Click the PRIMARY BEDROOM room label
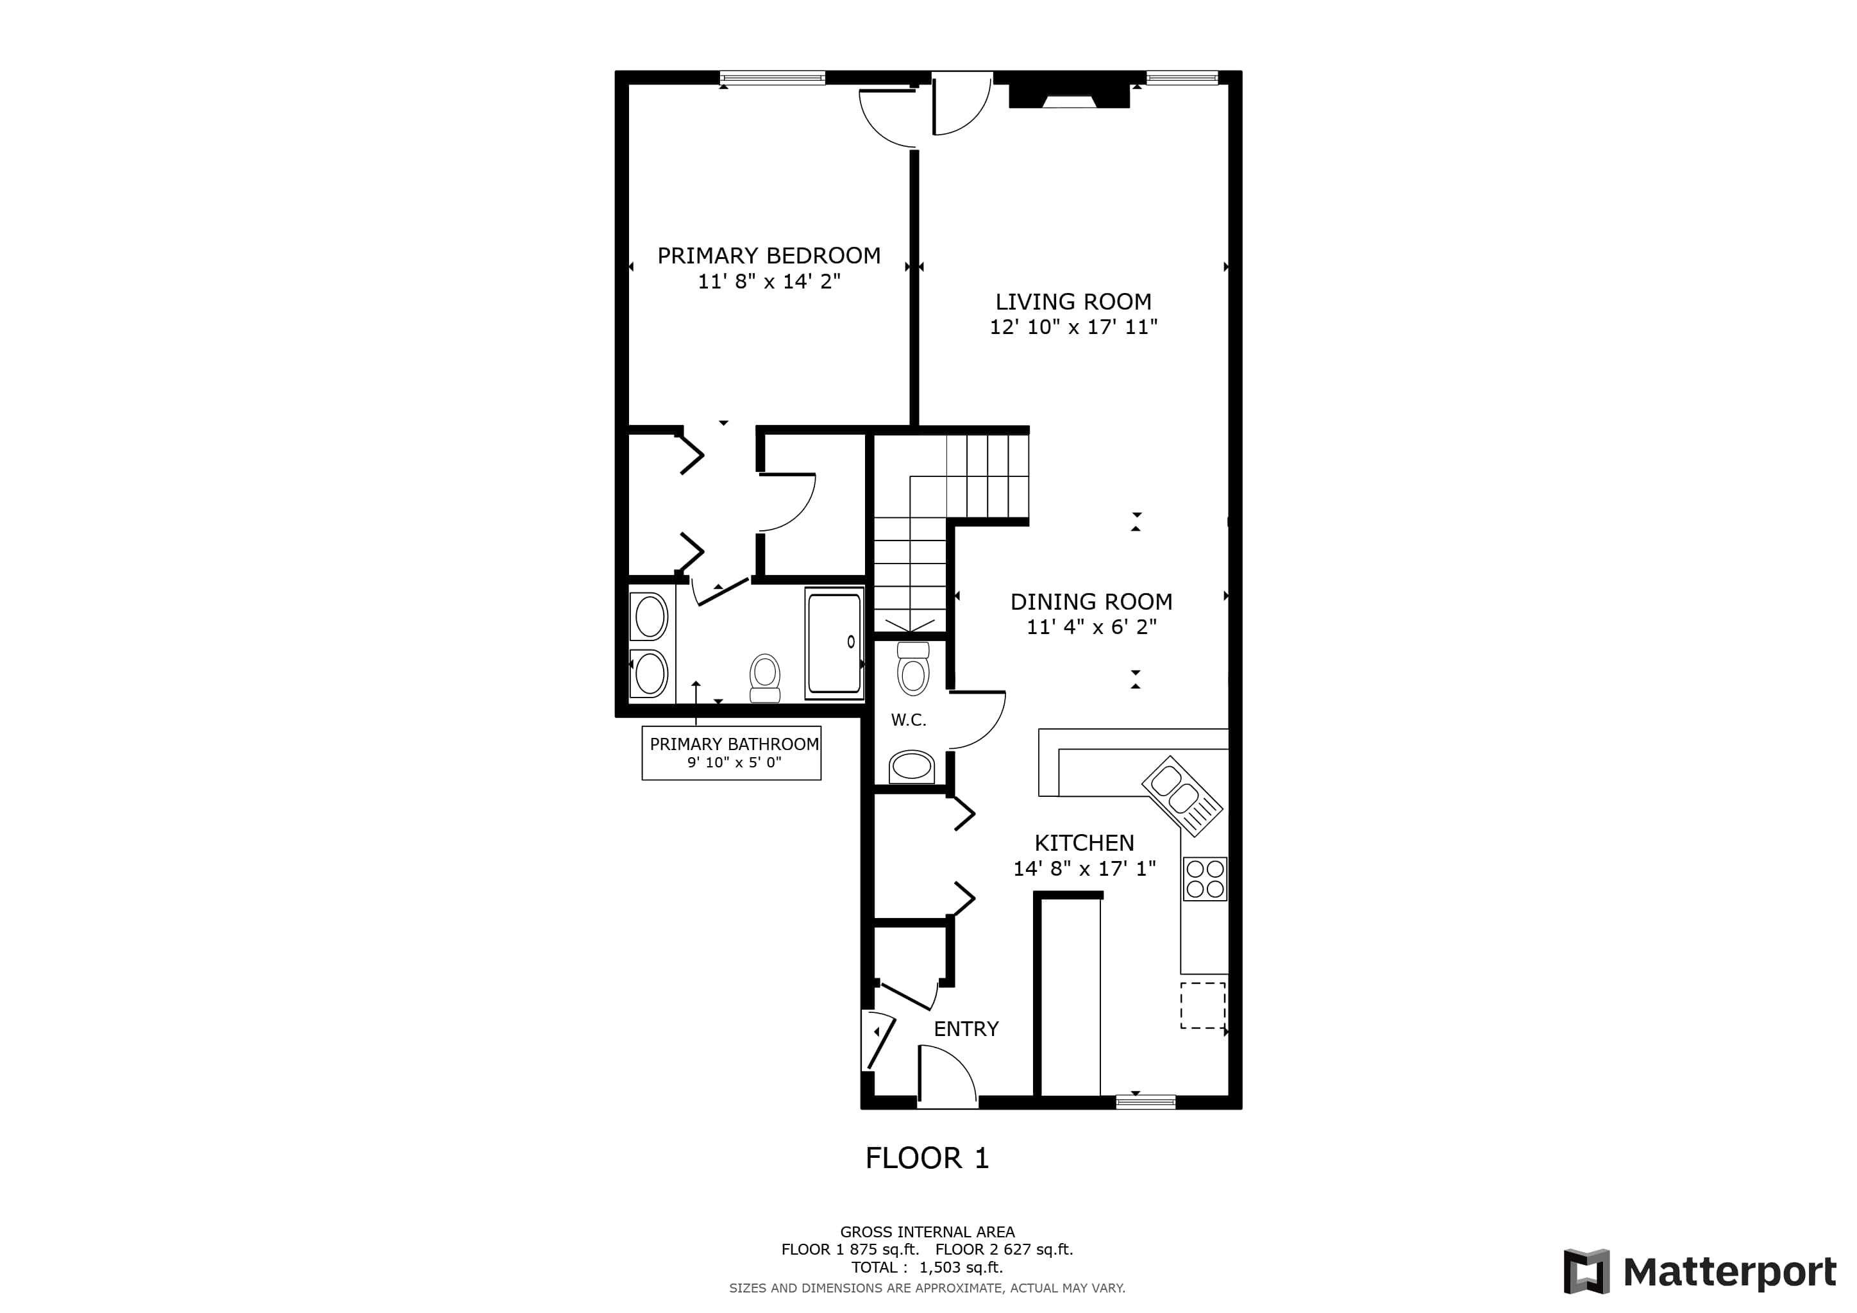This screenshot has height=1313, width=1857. pyautogui.click(x=768, y=256)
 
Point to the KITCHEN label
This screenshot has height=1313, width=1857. pyautogui.click(x=1084, y=842)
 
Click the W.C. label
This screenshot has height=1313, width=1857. pyautogui.click(x=908, y=719)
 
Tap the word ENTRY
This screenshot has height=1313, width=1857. pyautogui.click(x=966, y=1028)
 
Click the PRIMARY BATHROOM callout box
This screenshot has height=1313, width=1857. pyautogui.click(x=731, y=753)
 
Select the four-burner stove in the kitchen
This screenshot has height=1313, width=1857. pyautogui.click(x=1204, y=879)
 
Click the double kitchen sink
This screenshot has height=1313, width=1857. pyautogui.click(x=1182, y=796)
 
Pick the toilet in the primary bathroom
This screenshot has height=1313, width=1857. pyautogui.click(x=764, y=678)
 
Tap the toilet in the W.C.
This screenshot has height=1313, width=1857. pyautogui.click(x=913, y=669)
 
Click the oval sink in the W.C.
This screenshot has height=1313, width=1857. pyautogui.click(x=912, y=767)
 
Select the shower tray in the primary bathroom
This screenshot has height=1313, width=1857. pyautogui.click(x=834, y=643)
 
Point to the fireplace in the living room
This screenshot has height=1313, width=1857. pyautogui.click(x=1068, y=95)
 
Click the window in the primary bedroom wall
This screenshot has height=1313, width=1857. pyautogui.click(x=773, y=78)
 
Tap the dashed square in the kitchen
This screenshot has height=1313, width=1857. pyautogui.click(x=1203, y=1005)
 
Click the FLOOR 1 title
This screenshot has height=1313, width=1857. pyautogui.click(x=927, y=1158)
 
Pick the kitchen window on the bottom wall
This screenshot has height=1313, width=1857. pyautogui.click(x=1145, y=1101)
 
